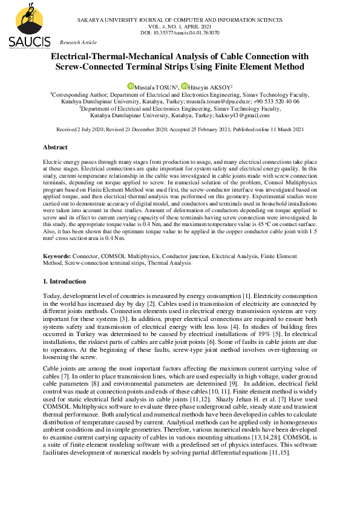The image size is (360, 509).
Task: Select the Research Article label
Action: [x=78, y=42]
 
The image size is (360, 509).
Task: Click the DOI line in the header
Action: [x=179, y=33]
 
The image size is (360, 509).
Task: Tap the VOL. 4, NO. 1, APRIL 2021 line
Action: [x=180, y=27]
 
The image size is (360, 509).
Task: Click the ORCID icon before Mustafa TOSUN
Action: [x=129, y=86]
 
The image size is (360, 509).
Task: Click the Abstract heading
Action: [x=55, y=148]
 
